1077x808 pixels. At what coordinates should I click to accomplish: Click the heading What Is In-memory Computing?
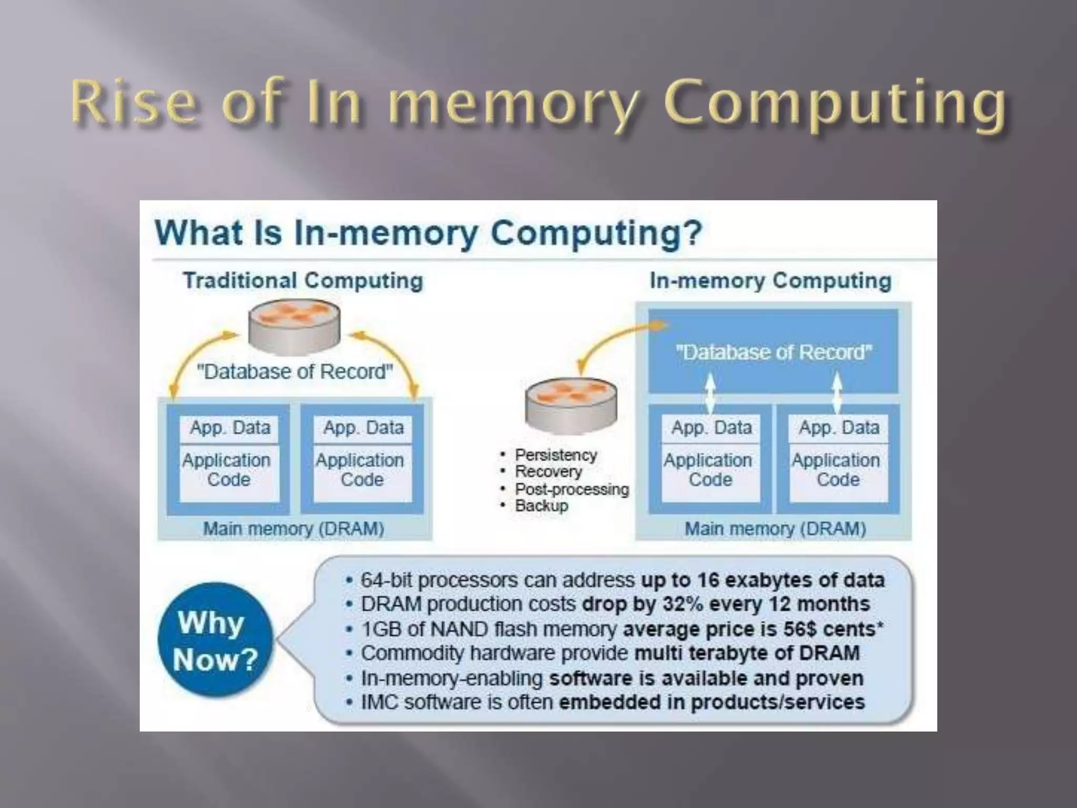(428, 233)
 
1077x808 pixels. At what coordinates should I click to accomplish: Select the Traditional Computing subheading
(303, 280)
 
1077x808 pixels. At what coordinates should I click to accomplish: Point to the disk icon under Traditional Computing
(294, 327)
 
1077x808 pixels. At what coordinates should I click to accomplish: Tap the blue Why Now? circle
(216, 640)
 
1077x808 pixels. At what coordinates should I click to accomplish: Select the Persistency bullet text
(556, 454)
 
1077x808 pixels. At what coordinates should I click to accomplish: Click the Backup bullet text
(542, 506)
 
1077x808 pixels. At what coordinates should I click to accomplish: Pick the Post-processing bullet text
(572, 489)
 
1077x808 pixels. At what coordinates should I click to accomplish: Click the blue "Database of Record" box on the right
(773, 351)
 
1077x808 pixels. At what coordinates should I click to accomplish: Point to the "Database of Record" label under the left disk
(294, 371)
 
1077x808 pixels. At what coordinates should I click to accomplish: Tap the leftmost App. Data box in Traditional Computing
(230, 428)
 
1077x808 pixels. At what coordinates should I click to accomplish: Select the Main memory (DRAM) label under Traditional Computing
(293, 528)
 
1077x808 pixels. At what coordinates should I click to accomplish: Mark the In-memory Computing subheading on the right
(770, 280)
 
